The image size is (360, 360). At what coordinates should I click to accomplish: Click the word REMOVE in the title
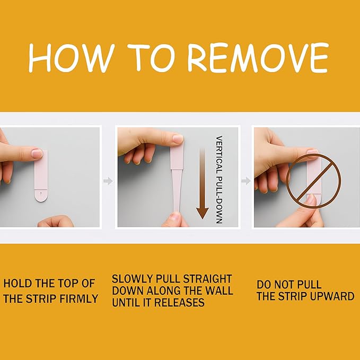[x=258, y=57]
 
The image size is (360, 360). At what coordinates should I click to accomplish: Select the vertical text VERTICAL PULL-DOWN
[x=219, y=180]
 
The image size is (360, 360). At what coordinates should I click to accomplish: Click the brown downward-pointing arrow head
[x=203, y=213]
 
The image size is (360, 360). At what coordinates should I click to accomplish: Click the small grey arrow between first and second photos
[x=108, y=181]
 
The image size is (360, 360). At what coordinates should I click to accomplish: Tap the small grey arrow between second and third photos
[x=246, y=181]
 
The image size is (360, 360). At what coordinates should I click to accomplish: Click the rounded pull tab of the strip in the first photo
[x=41, y=196]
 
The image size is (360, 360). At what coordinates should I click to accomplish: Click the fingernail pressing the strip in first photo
[x=37, y=153]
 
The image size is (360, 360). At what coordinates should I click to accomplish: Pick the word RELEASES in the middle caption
[x=179, y=302]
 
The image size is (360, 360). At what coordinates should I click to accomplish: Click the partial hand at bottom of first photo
[x=56, y=221]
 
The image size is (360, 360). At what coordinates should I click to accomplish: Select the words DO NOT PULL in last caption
[x=289, y=285]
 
